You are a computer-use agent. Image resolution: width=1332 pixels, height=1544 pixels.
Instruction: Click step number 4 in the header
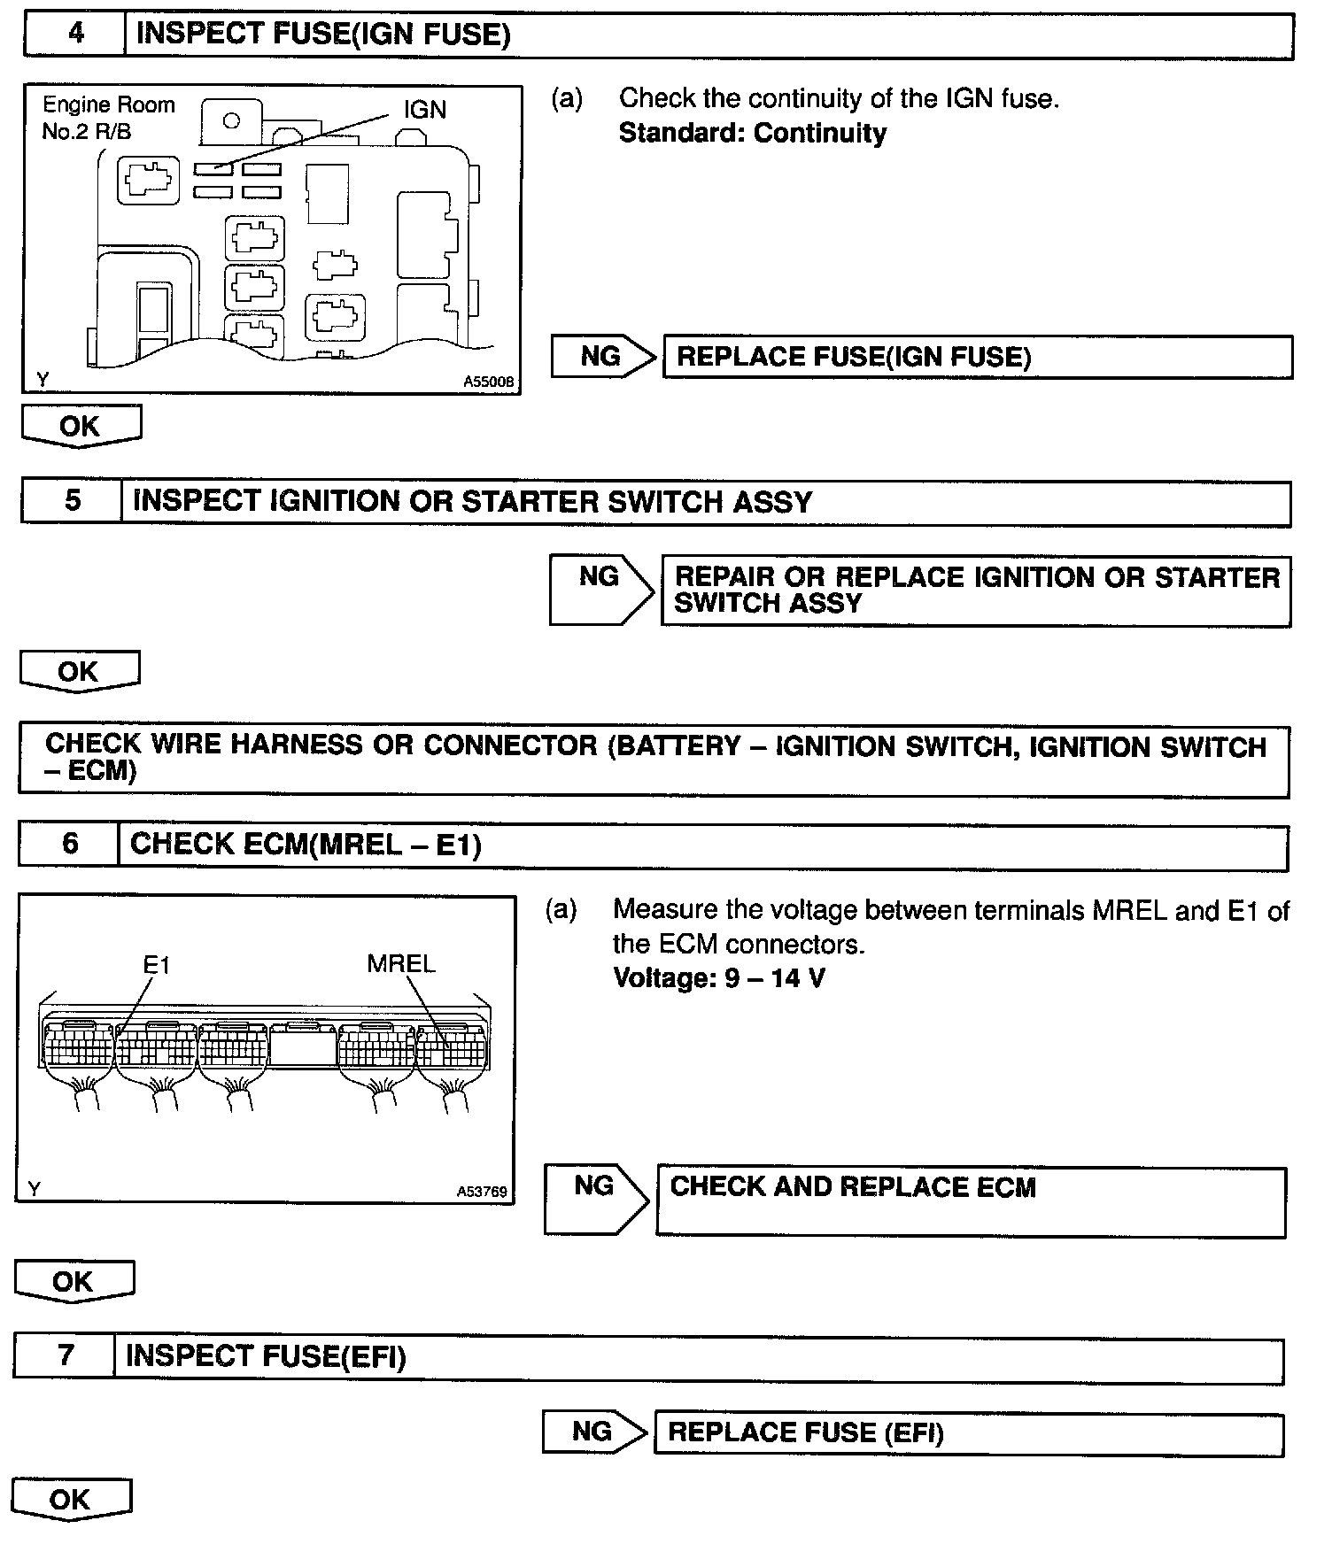pos(76,34)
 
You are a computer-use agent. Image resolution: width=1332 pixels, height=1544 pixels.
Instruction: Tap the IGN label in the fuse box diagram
pos(424,110)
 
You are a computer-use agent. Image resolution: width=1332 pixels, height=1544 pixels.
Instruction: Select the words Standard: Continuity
pos(752,133)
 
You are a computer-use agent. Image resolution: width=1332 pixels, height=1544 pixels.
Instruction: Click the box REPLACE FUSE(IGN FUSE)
pos(977,357)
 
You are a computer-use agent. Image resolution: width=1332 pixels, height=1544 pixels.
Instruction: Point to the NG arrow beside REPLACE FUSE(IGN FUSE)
pos(602,356)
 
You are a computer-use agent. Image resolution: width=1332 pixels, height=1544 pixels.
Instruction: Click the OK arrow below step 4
pos(81,426)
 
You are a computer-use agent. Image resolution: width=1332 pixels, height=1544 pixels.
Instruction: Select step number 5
pos(73,501)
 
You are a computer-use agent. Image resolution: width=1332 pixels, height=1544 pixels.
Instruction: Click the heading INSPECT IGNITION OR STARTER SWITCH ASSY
pos(472,502)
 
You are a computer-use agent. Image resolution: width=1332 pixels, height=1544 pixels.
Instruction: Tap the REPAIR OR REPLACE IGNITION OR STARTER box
pos(976,591)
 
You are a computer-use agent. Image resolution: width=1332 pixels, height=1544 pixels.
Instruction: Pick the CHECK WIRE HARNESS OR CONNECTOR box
pos(654,759)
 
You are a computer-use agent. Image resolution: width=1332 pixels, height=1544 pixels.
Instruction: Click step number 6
pos(70,844)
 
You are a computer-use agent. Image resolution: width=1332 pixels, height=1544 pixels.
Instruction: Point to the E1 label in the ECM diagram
pos(156,963)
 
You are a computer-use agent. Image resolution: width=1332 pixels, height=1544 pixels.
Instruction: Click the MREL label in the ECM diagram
pos(401,963)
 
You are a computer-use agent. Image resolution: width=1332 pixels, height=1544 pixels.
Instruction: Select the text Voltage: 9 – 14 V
pos(718,978)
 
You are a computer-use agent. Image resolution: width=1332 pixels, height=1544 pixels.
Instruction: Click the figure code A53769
pos(482,1192)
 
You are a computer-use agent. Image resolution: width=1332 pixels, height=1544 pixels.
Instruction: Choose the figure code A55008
pos(488,382)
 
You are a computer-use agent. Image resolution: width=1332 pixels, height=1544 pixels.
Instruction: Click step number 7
pos(66,1355)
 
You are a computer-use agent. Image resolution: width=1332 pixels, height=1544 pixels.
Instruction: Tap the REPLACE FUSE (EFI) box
pos(968,1432)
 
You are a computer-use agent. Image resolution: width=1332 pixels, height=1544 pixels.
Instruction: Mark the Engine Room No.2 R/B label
pos(108,118)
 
